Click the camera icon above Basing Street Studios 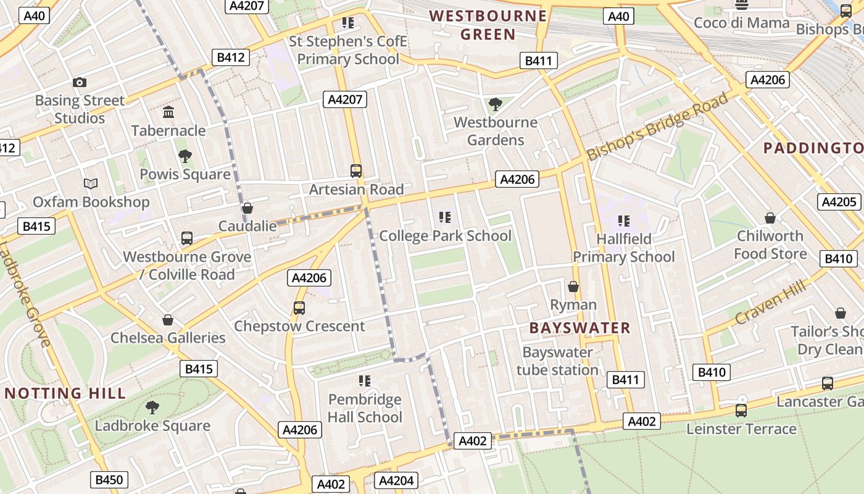79,82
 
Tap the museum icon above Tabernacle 168,112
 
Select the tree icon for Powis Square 184,156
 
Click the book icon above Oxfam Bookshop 91,183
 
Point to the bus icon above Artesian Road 356,171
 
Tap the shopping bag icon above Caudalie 247,209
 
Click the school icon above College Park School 445,217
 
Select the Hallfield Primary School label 624,248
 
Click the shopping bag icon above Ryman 573,287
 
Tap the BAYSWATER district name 580,328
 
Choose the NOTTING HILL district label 65,393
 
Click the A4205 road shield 839,202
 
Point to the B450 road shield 109,479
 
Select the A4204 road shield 396,480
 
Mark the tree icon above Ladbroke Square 152,407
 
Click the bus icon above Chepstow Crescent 299,308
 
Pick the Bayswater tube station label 557,361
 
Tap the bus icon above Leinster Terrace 741,410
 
